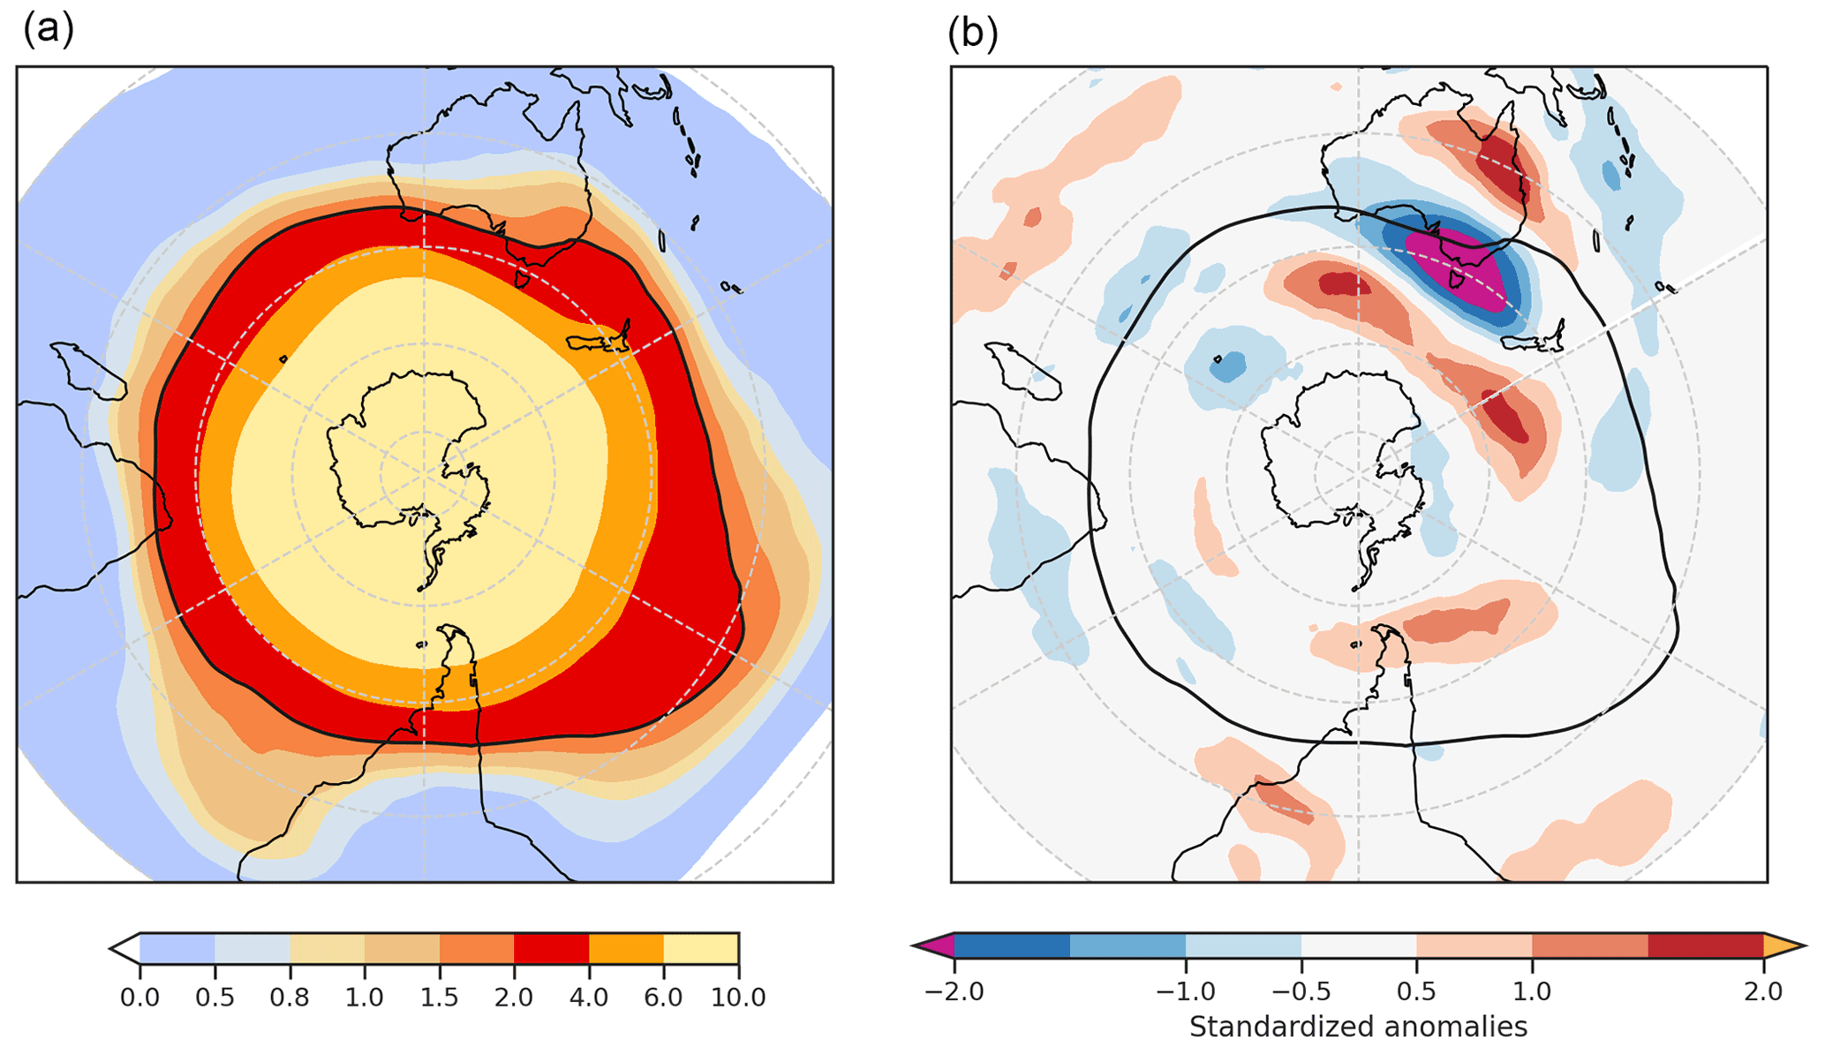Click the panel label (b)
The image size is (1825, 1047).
point(972,34)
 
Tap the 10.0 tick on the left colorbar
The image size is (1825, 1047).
point(738,998)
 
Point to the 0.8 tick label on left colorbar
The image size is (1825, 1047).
point(290,998)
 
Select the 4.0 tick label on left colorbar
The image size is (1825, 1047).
point(589,998)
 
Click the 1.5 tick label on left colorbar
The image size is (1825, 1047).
point(439,998)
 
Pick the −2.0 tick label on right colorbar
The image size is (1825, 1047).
point(954,991)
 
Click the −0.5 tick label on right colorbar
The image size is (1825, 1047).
point(1301,991)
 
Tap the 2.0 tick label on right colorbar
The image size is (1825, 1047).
point(1763,991)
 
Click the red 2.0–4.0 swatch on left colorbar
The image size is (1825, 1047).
point(551,949)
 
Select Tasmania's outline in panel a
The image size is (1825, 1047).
point(522,280)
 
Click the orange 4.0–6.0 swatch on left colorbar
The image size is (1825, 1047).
point(626,949)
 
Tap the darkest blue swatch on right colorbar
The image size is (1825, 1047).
point(1013,946)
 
